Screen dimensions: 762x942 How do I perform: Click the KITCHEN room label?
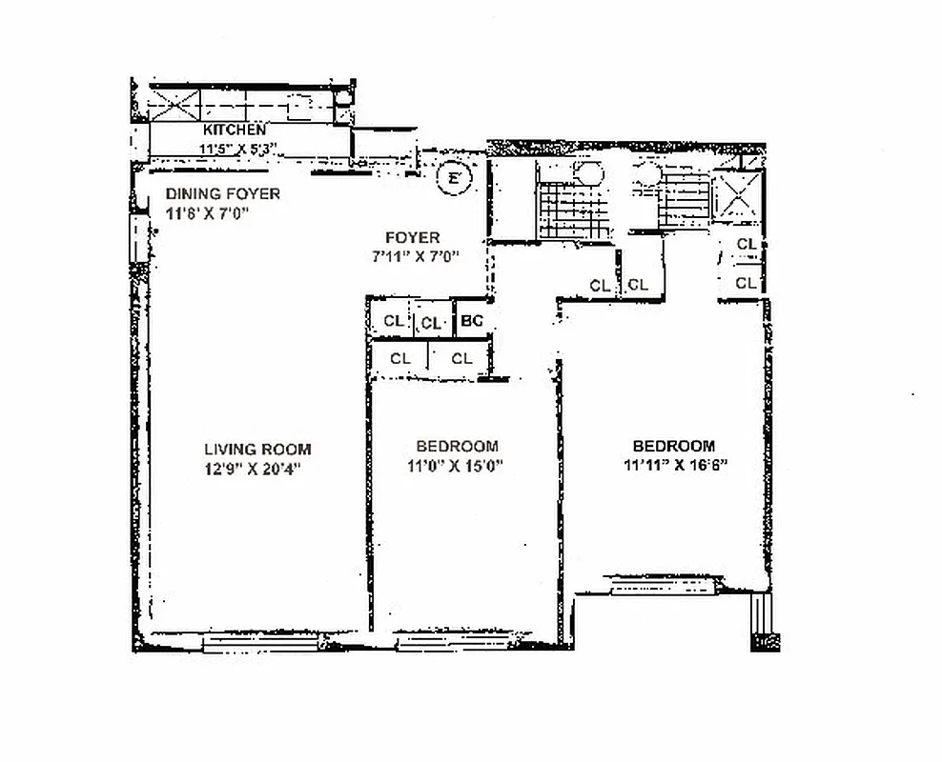point(235,129)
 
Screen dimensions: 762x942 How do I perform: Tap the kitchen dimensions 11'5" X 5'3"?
point(236,148)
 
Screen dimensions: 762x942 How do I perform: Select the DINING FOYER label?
point(223,194)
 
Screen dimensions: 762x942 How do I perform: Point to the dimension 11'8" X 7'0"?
point(207,213)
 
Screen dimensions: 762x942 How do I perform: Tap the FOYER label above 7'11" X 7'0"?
point(412,237)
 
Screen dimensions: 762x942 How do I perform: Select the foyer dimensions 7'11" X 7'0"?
point(416,255)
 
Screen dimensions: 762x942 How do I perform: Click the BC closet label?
point(472,322)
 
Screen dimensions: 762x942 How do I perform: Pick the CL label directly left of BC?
point(432,323)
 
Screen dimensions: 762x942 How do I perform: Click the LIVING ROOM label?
point(257,450)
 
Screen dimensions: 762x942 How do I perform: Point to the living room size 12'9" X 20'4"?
point(257,469)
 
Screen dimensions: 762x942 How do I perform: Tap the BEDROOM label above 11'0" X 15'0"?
point(457,446)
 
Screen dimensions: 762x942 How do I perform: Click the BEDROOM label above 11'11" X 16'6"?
point(674,446)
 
